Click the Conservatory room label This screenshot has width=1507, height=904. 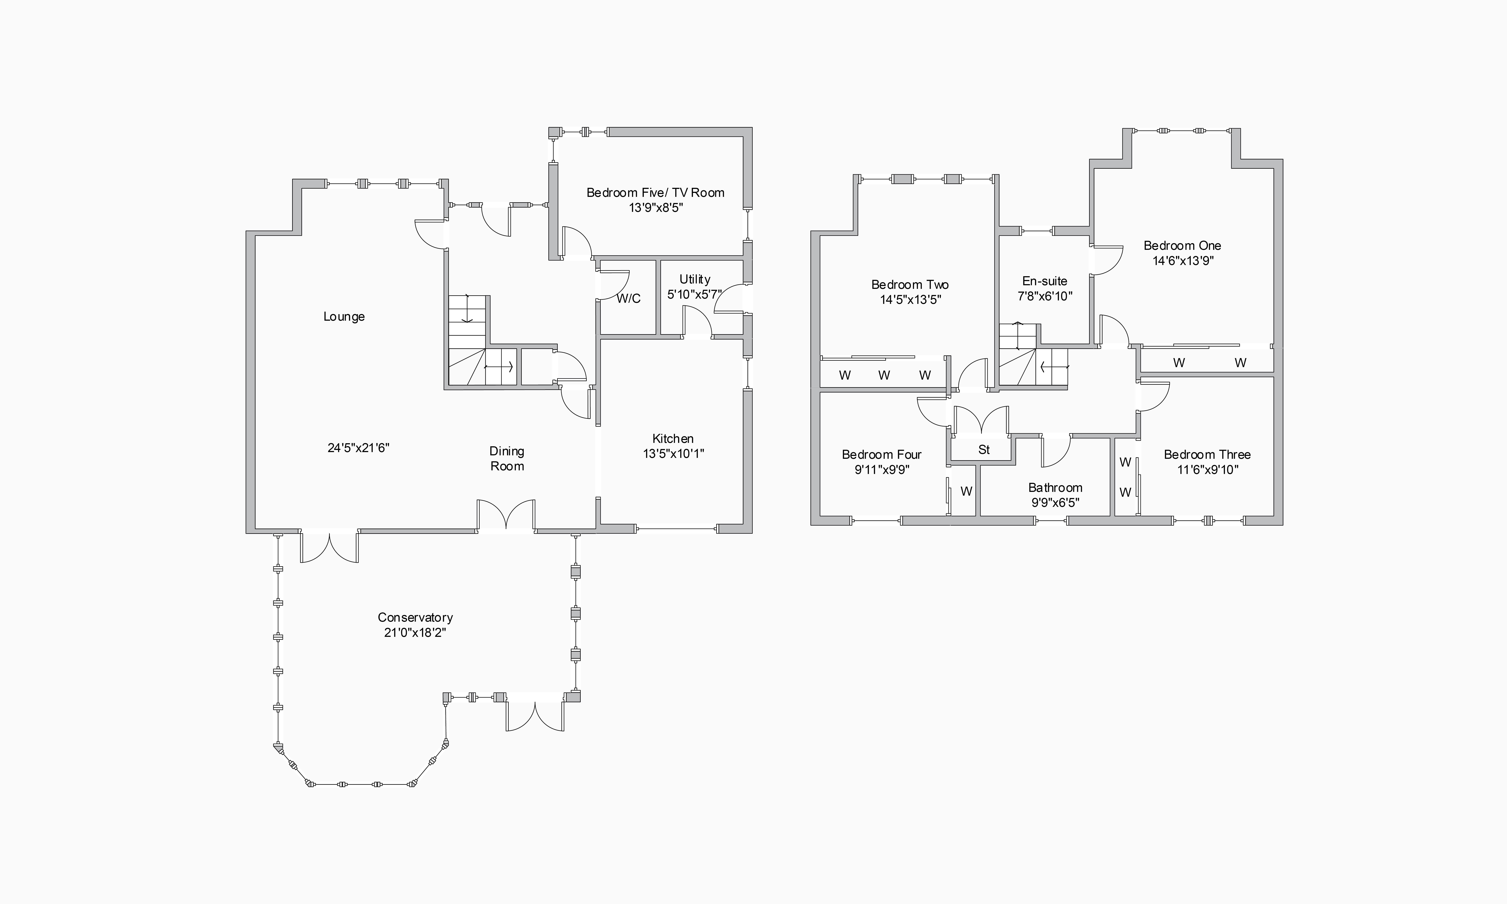[x=415, y=617]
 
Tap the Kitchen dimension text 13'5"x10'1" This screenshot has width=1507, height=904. [x=673, y=453]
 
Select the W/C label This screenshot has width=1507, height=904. [x=628, y=298]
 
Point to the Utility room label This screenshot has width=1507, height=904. [x=695, y=279]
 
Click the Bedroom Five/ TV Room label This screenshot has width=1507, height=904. [x=655, y=193]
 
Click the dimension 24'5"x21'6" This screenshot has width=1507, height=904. [x=358, y=448]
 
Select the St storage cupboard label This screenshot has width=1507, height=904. [x=984, y=450]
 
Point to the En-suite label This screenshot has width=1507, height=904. [x=1044, y=281]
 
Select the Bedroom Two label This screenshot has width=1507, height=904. [x=910, y=285]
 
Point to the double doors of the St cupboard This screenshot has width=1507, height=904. [x=981, y=420]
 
